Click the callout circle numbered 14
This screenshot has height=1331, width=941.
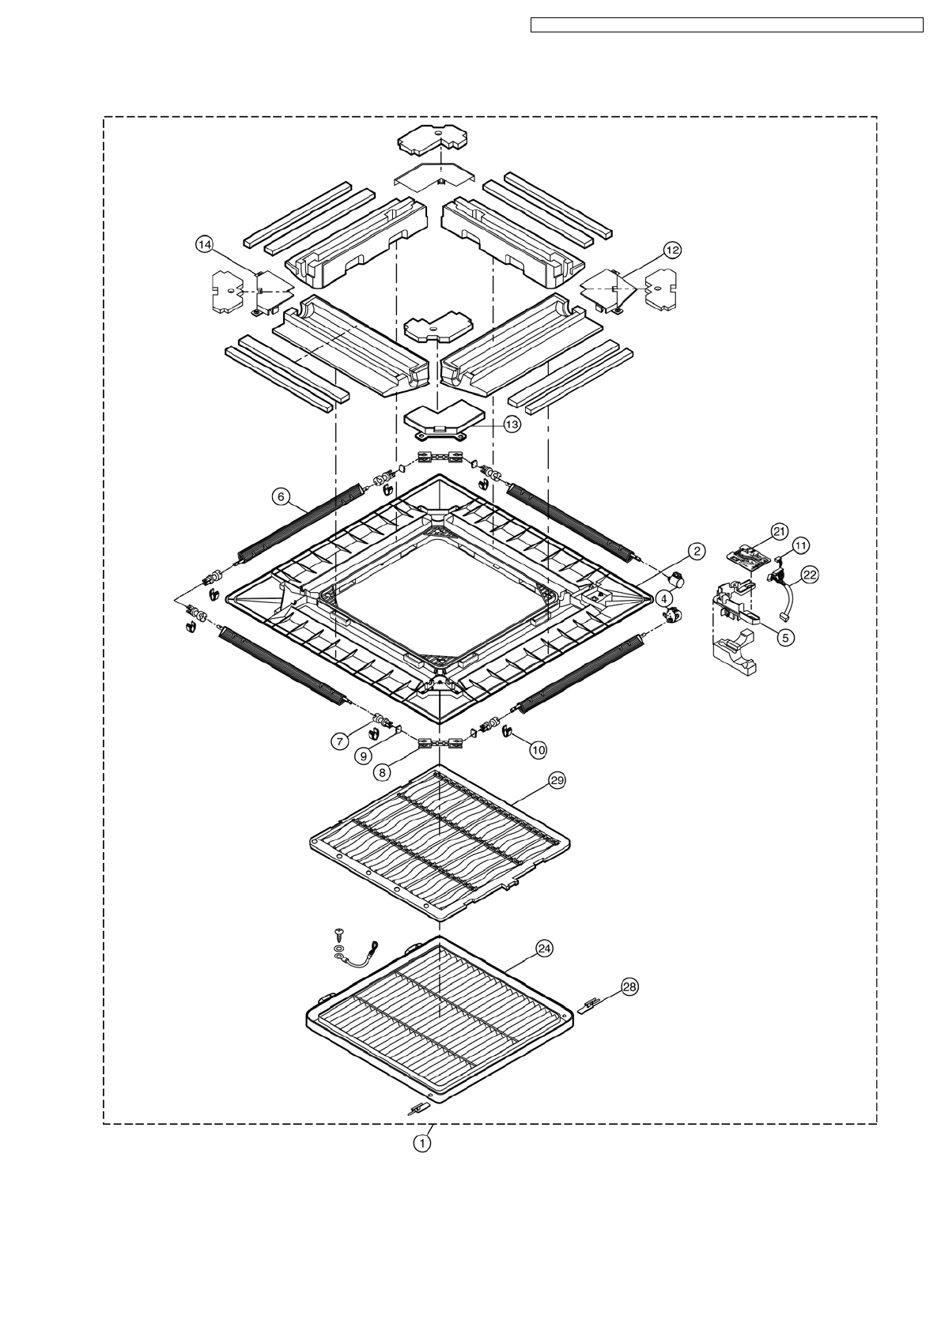(x=205, y=244)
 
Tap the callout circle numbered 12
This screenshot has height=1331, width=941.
(x=672, y=251)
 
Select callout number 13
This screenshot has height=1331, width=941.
(x=512, y=424)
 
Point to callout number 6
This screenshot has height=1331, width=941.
(x=282, y=496)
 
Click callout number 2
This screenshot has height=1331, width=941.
(x=697, y=551)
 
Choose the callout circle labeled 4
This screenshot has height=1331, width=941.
(x=664, y=598)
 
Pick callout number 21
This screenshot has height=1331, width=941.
(x=779, y=530)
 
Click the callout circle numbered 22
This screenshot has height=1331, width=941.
(x=809, y=575)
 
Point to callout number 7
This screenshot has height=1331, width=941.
(x=339, y=741)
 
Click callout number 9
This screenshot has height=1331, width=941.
(x=363, y=756)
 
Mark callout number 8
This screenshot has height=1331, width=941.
(x=382, y=772)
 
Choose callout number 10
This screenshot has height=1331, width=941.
(x=538, y=751)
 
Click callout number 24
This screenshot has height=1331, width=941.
(x=544, y=948)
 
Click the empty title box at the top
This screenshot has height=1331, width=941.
(x=727, y=25)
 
